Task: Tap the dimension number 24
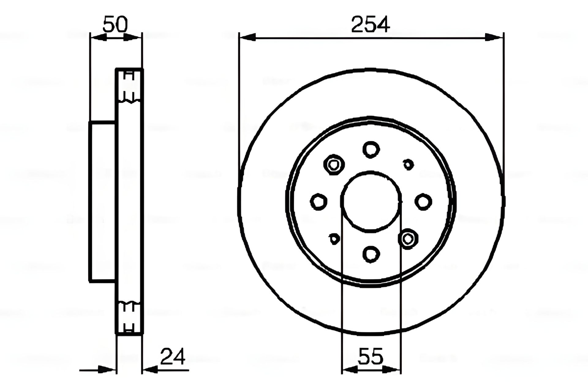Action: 173,357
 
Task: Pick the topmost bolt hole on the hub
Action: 371,150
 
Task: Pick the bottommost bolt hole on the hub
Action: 371,254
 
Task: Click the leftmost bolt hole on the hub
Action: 318,202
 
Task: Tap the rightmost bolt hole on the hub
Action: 423,202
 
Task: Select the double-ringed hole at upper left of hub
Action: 334,165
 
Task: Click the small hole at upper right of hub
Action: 408,164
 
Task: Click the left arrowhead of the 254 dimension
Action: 247,38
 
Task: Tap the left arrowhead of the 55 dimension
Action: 349,370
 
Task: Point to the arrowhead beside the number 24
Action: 151,370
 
